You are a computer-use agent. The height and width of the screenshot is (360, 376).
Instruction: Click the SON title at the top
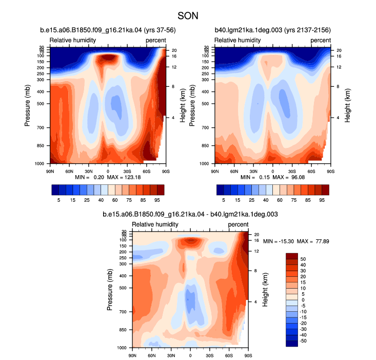tap(188, 16)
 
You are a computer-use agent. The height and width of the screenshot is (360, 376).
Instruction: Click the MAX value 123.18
tap(133, 177)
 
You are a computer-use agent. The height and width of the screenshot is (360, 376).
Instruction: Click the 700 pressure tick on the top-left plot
tap(41, 128)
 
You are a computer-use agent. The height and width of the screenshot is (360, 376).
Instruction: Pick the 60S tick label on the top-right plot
tap(311, 172)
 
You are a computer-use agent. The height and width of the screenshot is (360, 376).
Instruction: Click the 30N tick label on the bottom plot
tap(171, 355)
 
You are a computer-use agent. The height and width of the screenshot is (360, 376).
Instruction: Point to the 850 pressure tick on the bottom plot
tap(123, 330)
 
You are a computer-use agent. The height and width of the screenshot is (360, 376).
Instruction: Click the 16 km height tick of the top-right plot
tap(339, 56)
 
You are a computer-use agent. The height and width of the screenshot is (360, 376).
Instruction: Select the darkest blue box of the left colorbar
tap(55, 190)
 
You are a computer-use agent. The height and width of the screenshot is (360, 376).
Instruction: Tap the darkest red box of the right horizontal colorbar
tap(325, 190)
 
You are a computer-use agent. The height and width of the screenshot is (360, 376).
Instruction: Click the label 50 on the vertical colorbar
tap(303, 259)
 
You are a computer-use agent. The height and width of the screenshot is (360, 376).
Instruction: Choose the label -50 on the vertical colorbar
tap(303, 341)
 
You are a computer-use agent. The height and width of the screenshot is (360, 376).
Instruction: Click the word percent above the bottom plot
tap(238, 224)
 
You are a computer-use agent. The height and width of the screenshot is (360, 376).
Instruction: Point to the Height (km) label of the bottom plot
tap(265, 290)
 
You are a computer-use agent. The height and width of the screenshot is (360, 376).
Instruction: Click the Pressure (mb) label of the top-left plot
tap(28, 105)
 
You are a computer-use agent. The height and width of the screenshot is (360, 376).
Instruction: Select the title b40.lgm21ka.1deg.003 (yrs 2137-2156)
tap(273, 30)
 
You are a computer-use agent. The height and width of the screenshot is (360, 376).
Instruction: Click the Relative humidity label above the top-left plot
tap(73, 40)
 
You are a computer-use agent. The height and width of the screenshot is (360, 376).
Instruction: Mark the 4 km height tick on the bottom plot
tap(255, 301)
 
